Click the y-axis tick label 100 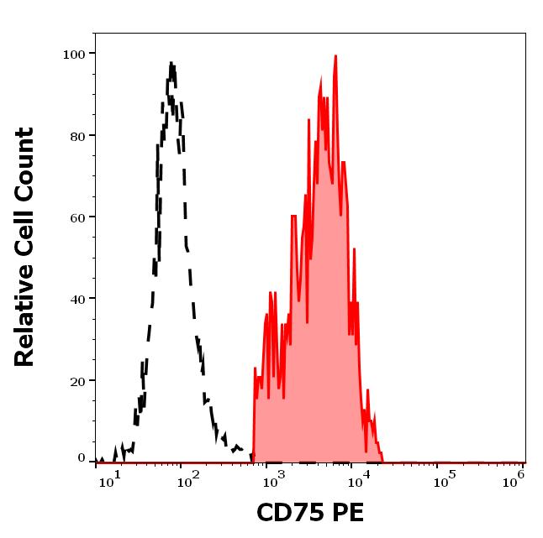[x=74, y=54]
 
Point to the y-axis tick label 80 [x=77, y=135]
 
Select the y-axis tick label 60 [x=77, y=217]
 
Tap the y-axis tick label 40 [x=77, y=298]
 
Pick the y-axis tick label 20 [x=77, y=380]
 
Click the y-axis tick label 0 [x=82, y=458]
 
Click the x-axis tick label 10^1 [x=110, y=478]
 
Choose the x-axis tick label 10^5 [x=443, y=478]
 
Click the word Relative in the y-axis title [x=25, y=316]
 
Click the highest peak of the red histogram [x=335, y=57]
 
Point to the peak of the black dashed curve [x=171, y=64]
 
